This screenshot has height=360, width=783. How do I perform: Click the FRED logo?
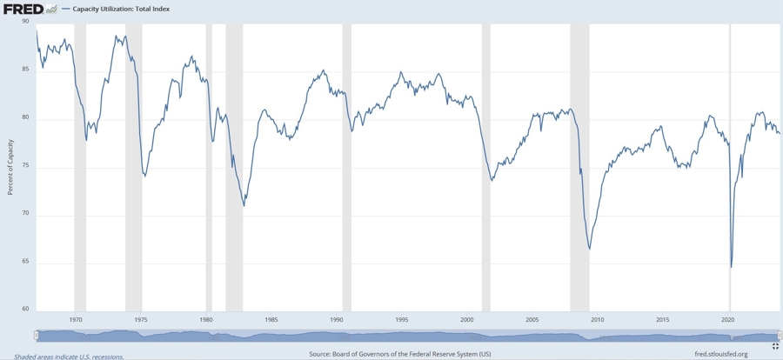23,9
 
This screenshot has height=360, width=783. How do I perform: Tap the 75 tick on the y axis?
25,166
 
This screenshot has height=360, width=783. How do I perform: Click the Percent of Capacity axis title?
10,166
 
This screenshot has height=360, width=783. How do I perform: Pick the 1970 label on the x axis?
76,320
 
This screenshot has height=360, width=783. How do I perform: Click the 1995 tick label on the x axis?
401,320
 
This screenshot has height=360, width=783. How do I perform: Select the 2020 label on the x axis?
728,320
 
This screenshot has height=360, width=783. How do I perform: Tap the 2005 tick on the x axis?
532,320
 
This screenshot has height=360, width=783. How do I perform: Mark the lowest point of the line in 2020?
731,267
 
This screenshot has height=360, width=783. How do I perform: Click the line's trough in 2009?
590,250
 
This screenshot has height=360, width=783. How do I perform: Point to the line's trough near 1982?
244,206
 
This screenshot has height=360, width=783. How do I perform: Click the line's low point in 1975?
144,177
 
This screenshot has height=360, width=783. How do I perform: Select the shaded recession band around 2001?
485,165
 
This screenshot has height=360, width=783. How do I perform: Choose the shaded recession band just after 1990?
346,165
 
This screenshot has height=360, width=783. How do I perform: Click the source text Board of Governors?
400,354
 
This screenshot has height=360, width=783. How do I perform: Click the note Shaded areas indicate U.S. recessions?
69,356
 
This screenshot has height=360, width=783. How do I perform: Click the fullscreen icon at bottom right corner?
775,346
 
